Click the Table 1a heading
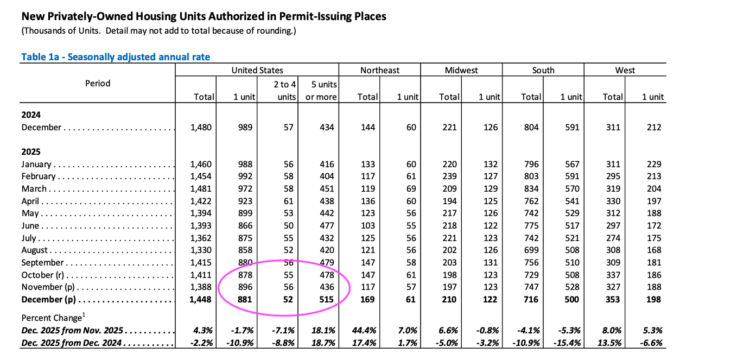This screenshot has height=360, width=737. (x=116, y=57)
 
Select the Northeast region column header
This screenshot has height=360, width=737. (x=379, y=70)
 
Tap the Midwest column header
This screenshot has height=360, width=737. (x=461, y=70)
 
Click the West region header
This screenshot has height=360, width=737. (x=625, y=70)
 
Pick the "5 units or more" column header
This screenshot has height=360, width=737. (x=325, y=91)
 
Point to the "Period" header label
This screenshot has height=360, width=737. (x=98, y=83)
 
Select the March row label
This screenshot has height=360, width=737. (x=34, y=188)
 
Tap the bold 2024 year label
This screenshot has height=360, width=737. (x=31, y=115)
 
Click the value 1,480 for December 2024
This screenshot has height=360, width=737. (x=201, y=127)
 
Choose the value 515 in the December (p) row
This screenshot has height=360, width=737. (x=326, y=300)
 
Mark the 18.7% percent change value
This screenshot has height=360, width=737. (x=323, y=343)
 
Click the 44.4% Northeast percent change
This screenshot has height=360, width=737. (x=365, y=331)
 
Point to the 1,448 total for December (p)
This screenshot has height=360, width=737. (x=201, y=300)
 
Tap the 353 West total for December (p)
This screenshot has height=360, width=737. (x=613, y=300)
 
